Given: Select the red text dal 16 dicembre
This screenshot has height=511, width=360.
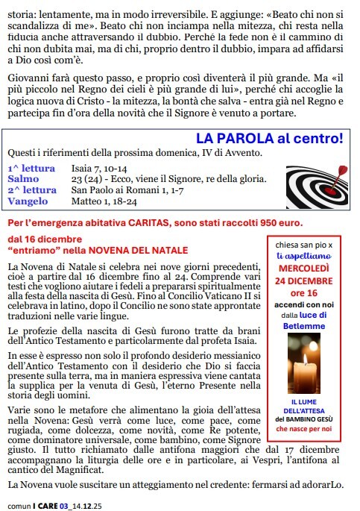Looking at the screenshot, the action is [x=38, y=239].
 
